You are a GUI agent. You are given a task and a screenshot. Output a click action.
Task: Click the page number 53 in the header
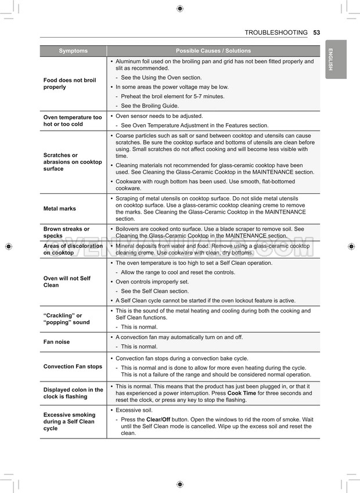click(x=316, y=33)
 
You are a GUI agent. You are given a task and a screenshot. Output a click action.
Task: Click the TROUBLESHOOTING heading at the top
click(x=276, y=33)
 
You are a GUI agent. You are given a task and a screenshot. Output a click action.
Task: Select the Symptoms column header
click(x=73, y=51)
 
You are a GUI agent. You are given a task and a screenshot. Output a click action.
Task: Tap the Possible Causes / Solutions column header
click(x=213, y=51)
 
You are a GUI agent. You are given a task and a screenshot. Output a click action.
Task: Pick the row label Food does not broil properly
click(x=70, y=84)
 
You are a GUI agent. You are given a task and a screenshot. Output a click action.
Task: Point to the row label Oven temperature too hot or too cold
click(x=72, y=121)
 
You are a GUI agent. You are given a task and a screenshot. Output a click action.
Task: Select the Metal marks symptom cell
click(x=60, y=208)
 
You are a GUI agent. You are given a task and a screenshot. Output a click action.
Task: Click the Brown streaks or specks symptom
click(x=66, y=232)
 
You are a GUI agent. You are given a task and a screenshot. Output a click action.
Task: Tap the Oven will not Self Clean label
click(x=67, y=282)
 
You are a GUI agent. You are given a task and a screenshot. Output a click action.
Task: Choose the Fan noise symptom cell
click(x=57, y=342)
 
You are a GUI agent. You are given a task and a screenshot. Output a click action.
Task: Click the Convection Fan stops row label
click(x=73, y=366)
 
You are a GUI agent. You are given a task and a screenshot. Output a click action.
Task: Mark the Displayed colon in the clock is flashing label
click(x=73, y=393)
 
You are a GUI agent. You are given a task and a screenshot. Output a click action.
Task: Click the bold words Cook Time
click(x=242, y=393)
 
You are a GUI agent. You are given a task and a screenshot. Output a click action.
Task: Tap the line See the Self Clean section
click(x=154, y=291)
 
